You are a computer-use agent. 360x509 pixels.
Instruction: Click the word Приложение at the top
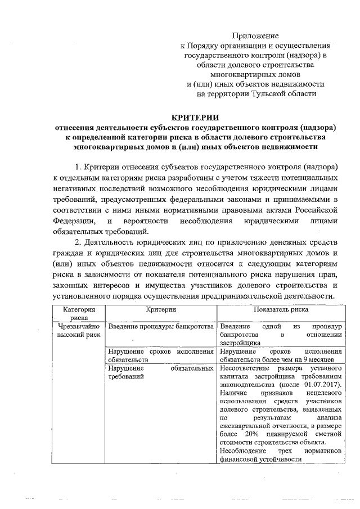point(255,37)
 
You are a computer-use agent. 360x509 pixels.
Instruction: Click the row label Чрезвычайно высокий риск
point(76,331)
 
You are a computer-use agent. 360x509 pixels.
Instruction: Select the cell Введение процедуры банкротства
point(160,327)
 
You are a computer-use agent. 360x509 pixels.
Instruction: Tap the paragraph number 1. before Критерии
point(79,168)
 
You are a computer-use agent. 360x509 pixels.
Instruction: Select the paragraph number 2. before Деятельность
point(79,242)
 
